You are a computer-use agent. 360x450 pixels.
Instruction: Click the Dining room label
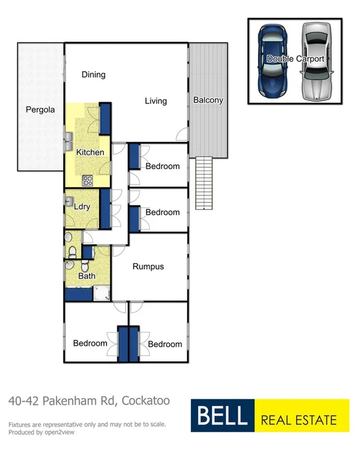click(94, 75)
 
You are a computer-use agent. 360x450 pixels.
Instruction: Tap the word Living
click(155, 101)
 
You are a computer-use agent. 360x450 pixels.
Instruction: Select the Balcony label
click(208, 100)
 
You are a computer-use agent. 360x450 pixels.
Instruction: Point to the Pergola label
click(40, 110)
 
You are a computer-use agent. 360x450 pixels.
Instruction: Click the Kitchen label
click(89, 152)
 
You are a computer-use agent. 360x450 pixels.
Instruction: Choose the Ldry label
click(82, 207)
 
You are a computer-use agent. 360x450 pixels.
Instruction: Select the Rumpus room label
click(148, 266)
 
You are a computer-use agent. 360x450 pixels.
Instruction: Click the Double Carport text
click(295, 59)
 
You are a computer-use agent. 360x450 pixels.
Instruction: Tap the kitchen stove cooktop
click(87, 179)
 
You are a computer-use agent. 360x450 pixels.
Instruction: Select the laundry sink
click(69, 202)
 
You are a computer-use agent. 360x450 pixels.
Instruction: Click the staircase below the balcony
click(205, 182)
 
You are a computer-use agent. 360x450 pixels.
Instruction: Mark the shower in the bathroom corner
click(101, 294)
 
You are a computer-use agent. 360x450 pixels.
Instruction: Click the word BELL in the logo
click(221, 416)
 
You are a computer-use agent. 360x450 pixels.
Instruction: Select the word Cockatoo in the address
click(146, 400)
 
